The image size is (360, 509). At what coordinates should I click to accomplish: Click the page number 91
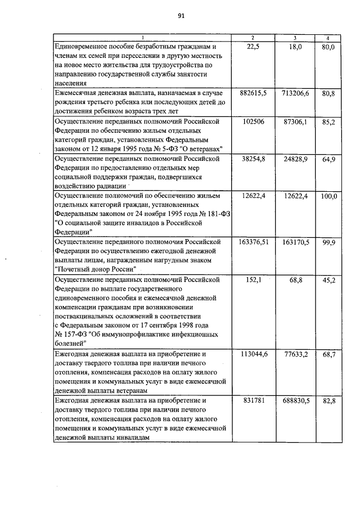[181, 16]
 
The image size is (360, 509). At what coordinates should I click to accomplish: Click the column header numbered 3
[295, 38]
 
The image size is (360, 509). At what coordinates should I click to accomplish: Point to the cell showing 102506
[253, 121]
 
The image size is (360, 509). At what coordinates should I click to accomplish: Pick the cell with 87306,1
[295, 121]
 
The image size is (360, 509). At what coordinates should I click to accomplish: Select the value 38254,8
[253, 160]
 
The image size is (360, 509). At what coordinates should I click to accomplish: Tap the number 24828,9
[295, 160]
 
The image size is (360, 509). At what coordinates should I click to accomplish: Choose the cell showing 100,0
[328, 196]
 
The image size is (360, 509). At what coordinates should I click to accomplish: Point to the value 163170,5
[295, 242]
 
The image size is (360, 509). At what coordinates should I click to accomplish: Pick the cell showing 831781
[253, 400]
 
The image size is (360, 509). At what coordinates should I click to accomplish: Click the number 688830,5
[295, 400]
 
